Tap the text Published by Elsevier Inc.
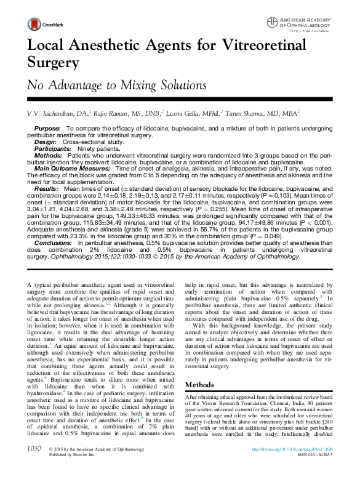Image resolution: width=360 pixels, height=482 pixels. pyautogui.click(x=72, y=473)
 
